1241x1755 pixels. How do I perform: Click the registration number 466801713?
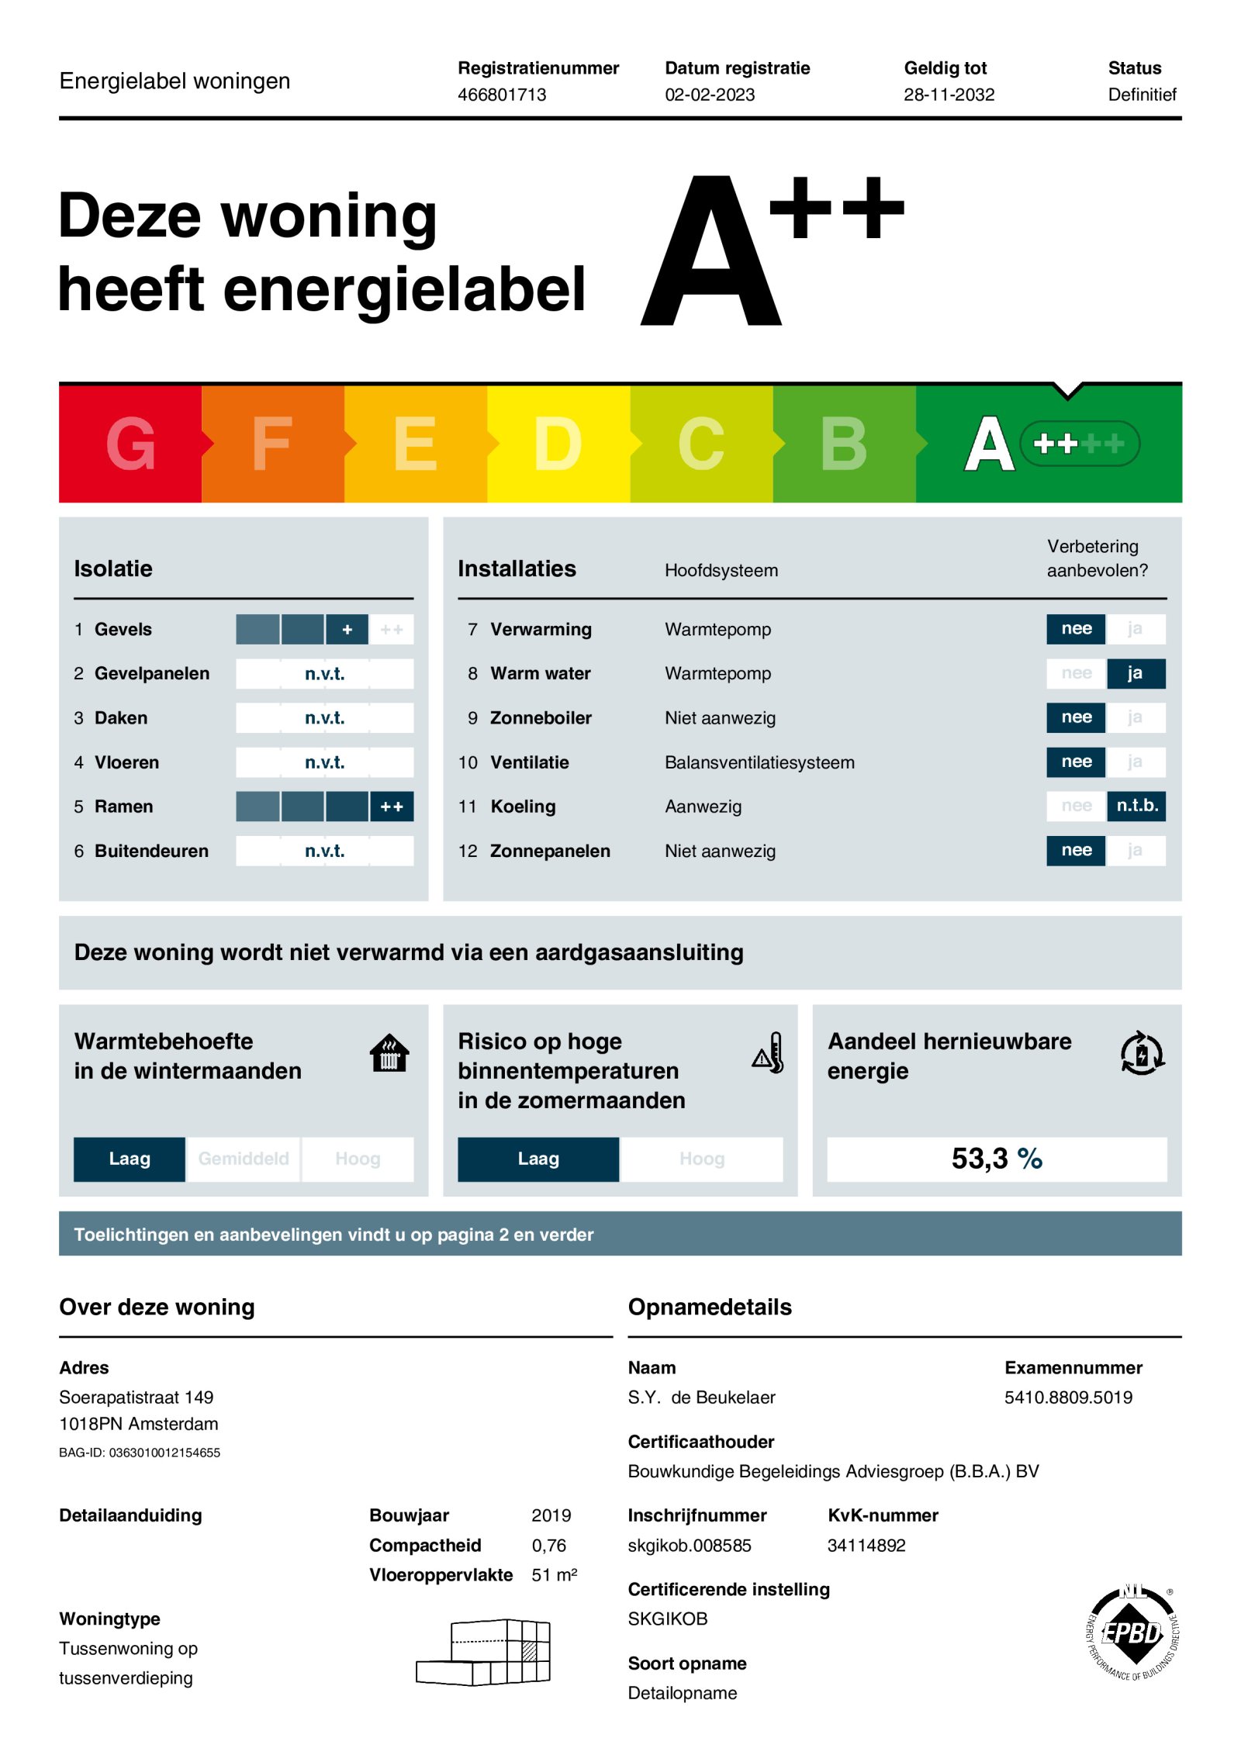click(x=502, y=95)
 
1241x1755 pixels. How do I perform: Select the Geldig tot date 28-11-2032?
click(x=949, y=95)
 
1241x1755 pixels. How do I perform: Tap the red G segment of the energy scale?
click(x=130, y=444)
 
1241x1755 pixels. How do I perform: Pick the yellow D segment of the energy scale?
click(x=558, y=444)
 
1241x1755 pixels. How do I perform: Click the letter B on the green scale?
click(x=843, y=444)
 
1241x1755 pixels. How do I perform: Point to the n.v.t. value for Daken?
click(x=324, y=718)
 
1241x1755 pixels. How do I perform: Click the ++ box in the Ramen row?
click(x=392, y=807)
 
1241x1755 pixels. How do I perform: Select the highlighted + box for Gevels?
click(x=347, y=630)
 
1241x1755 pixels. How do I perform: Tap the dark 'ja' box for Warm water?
click(x=1135, y=673)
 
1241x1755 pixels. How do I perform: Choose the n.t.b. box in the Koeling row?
click(x=1136, y=806)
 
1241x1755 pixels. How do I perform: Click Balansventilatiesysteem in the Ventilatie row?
click(x=759, y=762)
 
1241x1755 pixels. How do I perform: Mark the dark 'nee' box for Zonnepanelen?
click(x=1076, y=851)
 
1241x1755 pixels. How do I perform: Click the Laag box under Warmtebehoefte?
click(x=130, y=1159)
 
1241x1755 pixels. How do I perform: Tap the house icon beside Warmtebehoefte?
click(x=389, y=1053)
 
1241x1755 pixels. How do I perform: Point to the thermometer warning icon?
click(x=769, y=1053)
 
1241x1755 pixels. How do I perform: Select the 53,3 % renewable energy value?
click(x=997, y=1159)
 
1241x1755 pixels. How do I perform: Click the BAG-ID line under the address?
click(x=140, y=1453)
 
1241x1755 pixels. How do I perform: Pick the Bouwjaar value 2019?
click(x=551, y=1515)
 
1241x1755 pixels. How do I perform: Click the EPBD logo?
click(x=1132, y=1632)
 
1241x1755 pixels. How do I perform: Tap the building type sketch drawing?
click(x=484, y=1652)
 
